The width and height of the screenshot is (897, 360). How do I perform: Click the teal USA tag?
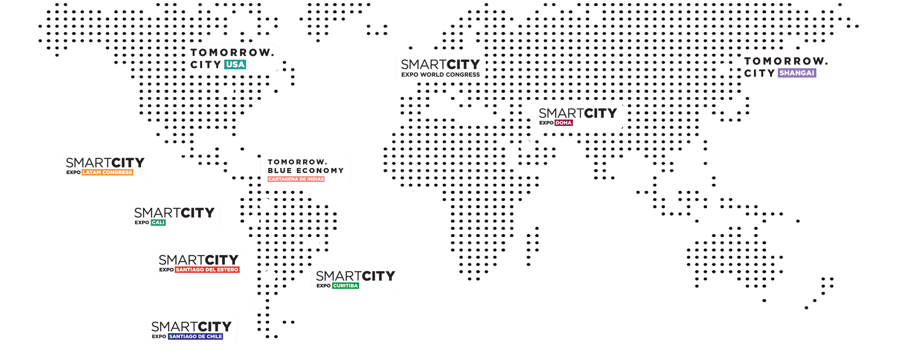pos(235,64)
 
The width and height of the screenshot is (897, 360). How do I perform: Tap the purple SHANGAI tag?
pos(797,73)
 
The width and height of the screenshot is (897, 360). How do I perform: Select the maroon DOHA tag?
pos(564,123)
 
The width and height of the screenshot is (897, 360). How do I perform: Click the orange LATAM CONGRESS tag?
pos(107,172)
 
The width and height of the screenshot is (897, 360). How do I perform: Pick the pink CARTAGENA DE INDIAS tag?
pos(296,179)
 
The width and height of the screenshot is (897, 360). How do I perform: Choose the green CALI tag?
pos(158,223)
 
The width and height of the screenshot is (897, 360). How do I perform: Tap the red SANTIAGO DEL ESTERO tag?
pos(207,270)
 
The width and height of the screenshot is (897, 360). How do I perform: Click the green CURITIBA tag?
pos(345,286)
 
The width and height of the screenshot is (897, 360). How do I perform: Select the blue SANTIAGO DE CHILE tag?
pos(196,337)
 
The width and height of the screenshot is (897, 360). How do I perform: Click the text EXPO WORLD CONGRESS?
pos(440,75)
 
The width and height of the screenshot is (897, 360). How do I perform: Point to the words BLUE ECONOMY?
pos(306,171)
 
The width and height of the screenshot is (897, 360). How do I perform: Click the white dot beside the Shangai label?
pos(724,69)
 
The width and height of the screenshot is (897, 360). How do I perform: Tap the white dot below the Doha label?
pos(526,146)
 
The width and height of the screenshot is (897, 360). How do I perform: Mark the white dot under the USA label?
pos(227,91)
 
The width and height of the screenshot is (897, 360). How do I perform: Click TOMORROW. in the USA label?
pos(232,53)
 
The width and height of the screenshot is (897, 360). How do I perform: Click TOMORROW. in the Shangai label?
pos(786,61)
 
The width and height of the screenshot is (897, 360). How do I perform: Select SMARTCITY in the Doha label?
pos(578,113)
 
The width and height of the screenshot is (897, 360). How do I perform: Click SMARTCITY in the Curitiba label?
pos(356,276)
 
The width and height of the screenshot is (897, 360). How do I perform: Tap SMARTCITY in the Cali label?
pos(174,213)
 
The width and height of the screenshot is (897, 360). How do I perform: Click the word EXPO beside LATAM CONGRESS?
pos(73,172)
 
